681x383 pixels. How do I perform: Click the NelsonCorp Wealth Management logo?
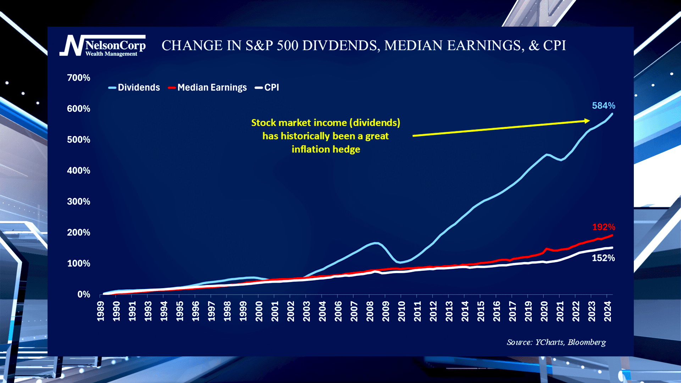pyautogui.click(x=103, y=46)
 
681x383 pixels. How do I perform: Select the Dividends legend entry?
pyautogui.click(x=134, y=88)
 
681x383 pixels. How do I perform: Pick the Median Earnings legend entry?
pyautogui.click(x=207, y=88)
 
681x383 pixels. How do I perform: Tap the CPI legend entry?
pyautogui.click(x=267, y=88)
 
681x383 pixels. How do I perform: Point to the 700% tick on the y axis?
pyautogui.click(x=78, y=78)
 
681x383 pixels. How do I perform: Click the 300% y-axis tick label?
pyautogui.click(x=78, y=201)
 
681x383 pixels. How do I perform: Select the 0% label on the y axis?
pyautogui.click(x=84, y=294)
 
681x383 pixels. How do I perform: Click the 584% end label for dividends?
pyautogui.click(x=603, y=106)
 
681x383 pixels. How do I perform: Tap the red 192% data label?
pyautogui.click(x=603, y=227)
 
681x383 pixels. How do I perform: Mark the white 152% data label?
pyautogui.click(x=603, y=258)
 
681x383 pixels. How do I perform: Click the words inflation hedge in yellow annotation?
pyautogui.click(x=326, y=149)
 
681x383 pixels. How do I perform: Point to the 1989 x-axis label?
pyautogui.click(x=101, y=311)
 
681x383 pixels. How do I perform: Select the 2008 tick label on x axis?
pyautogui.click(x=370, y=311)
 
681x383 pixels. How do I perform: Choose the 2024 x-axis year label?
pyautogui.click(x=608, y=311)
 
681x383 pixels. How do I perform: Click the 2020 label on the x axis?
pyautogui.click(x=544, y=311)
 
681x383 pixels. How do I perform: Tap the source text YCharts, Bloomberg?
pyautogui.click(x=556, y=342)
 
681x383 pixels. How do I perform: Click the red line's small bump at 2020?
pyautogui.click(x=547, y=249)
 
